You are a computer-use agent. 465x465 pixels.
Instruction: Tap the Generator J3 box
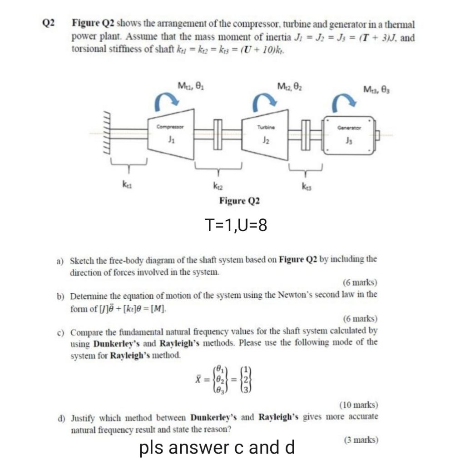click(349, 135)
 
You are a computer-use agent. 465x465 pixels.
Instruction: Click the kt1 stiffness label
click(124, 186)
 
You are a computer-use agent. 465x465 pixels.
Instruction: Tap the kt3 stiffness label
click(306, 186)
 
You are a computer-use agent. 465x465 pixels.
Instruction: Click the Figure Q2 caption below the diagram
click(239, 200)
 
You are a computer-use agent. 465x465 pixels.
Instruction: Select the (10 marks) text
click(358, 405)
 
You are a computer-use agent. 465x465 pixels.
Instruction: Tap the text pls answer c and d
click(217, 447)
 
